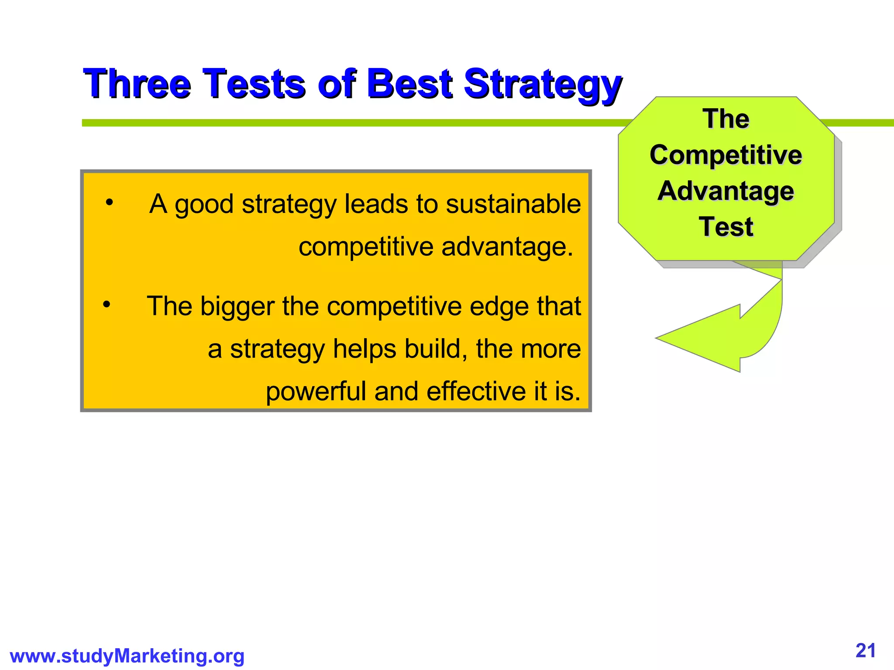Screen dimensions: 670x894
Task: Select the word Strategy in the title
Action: point(542,84)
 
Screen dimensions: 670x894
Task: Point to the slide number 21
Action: point(866,651)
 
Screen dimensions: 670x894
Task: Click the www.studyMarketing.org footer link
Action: point(127,656)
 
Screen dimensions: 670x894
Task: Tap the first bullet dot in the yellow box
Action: point(109,202)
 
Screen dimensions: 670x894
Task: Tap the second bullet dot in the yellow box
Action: point(107,304)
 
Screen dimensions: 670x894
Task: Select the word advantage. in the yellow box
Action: point(507,247)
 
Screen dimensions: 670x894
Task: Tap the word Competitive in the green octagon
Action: point(726,155)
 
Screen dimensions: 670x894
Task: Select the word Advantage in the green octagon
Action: point(726,191)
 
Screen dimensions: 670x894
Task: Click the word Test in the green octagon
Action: point(726,227)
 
